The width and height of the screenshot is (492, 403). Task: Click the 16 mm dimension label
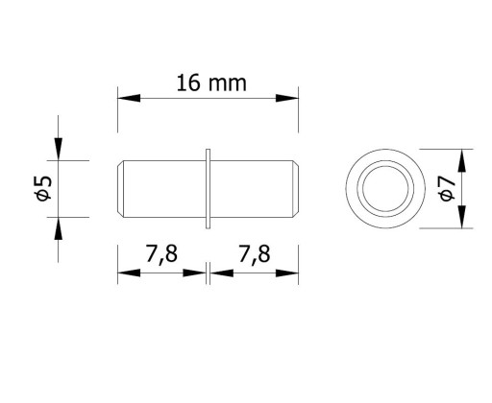pos(211,83)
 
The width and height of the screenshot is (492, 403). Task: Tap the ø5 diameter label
pos(43,188)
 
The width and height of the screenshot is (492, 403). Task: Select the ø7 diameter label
pos(447,188)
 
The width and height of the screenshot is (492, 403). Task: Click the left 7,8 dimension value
pos(161,254)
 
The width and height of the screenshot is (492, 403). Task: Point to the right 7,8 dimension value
pos(255,254)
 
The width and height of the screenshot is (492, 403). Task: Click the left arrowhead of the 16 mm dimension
pos(129,98)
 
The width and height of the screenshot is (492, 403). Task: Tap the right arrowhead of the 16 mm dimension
pos(287,98)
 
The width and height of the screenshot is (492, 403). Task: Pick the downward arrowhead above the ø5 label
pos(58,149)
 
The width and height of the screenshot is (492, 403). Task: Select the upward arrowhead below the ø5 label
pos(58,228)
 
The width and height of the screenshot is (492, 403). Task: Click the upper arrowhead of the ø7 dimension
pos(461,160)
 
